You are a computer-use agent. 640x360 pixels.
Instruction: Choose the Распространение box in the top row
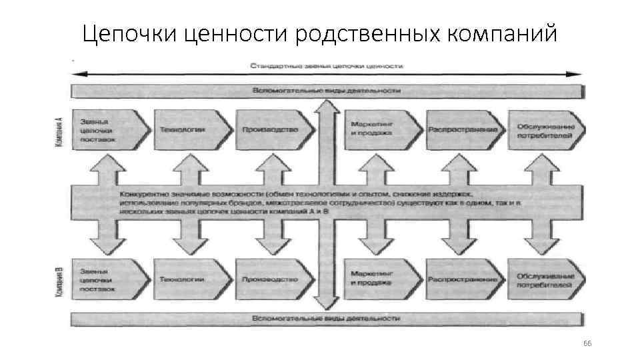point(464,129)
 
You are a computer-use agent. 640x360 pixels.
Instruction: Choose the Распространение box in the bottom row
point(464,279)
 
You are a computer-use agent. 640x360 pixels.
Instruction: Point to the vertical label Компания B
point(61,281)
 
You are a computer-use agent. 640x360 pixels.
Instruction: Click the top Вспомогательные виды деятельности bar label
point(326,90)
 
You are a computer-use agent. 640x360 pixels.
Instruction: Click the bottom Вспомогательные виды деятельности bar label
point(326,319)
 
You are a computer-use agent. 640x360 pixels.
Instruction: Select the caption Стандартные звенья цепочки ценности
point(326,66)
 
